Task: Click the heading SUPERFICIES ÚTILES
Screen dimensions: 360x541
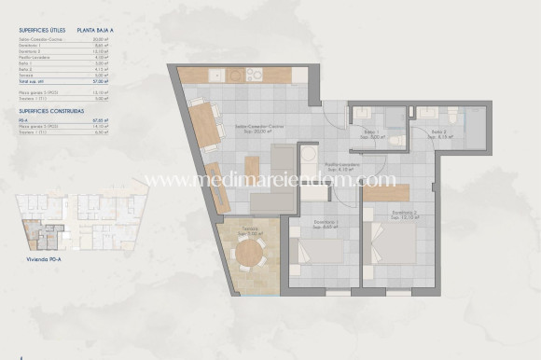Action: tap(41, 30)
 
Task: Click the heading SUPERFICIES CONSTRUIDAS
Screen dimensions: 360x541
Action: tap(48, 110)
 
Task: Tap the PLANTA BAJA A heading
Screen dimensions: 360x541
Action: tap(96, 30)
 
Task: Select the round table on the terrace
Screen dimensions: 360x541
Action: tap(249, 252)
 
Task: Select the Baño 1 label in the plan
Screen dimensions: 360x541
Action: tap(372, 132)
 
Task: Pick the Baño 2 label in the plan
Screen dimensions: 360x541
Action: tap(441, 133)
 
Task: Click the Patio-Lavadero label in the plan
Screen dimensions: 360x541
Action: tap(342, 166)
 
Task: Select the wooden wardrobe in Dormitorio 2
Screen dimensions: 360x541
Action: tap(386, 193)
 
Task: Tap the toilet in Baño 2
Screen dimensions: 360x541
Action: tap(452, 116)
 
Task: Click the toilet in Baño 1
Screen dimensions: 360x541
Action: tap(396, 141)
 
